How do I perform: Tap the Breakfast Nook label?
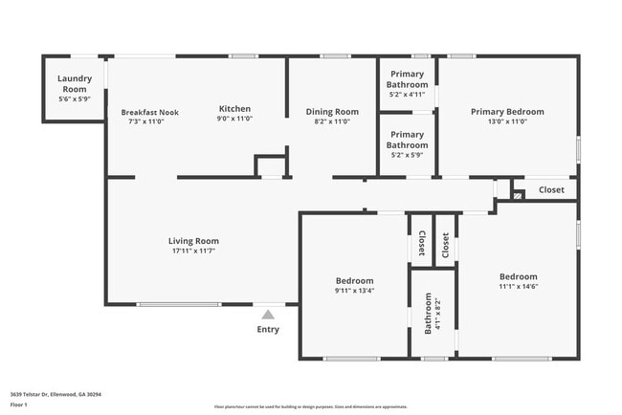pyautogui.click(x=149, y=112)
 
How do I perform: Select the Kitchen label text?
pyautogui.click(x=234, y=108)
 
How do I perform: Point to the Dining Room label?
pyautogui.click(x=332, y=112)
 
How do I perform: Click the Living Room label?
pyautogui.click(x=193, y=241)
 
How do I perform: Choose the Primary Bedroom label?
pyautogui.click(x=506, y=112)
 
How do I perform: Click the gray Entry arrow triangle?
pyautogui.click(x=268, y=314)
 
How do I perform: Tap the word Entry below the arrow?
pyautogui.click(x=268, y=330)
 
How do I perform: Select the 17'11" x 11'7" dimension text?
pyautogui.click(x=193, y=251)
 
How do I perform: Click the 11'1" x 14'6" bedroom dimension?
pyautogui.click(x=518, y=286)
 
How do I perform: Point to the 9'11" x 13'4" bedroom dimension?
pyautogui.click(x=354, y=291)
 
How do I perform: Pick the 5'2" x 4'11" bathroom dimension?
pyautogui.click(x=407, y=95)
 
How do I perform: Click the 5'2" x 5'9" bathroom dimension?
pyautogui.click(x=407, y=154)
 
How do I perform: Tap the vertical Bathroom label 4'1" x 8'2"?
pyautogui.click(x=432, y=314)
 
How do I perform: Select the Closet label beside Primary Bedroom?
pyautogui.click(x=551, y=189)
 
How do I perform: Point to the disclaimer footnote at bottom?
pyautogui.click(x=310, y=405)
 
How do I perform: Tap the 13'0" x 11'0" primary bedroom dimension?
pyautogui.click(x=506, y=122)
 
